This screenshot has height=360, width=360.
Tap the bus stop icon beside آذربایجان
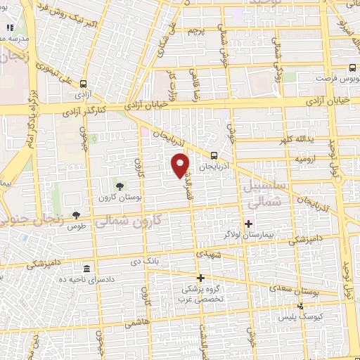click(x=214, y=157)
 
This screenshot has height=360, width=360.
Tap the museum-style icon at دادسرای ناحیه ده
click(x=86, y=270)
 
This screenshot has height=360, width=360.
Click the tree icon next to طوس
click(x=76, y=215)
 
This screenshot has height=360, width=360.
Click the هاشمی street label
click(x=131, y=322)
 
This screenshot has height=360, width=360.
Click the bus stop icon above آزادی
click(x=85, y=82)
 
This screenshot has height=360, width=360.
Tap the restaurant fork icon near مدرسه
click(x=10, y=28)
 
